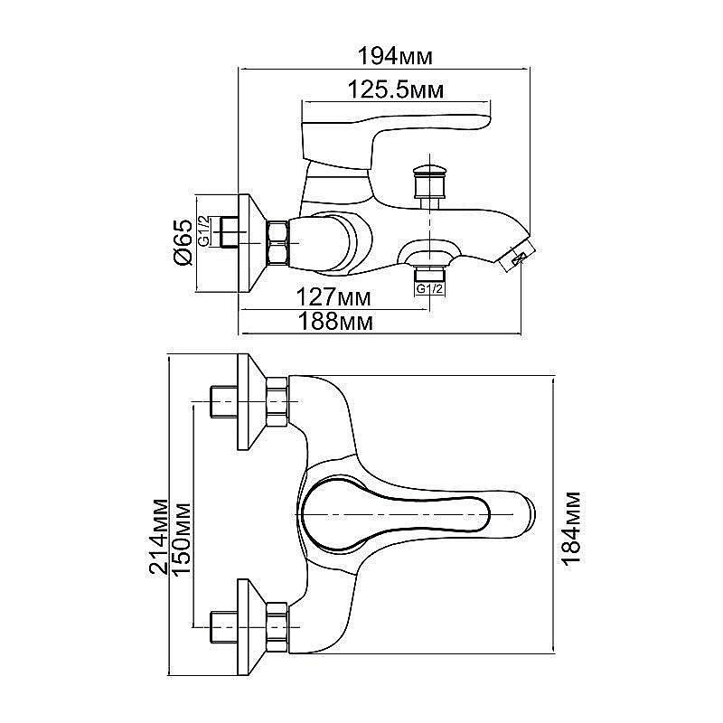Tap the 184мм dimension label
point(571,529)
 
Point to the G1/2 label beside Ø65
point(205,231)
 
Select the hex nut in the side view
point(279,243)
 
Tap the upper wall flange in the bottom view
point(250,401)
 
